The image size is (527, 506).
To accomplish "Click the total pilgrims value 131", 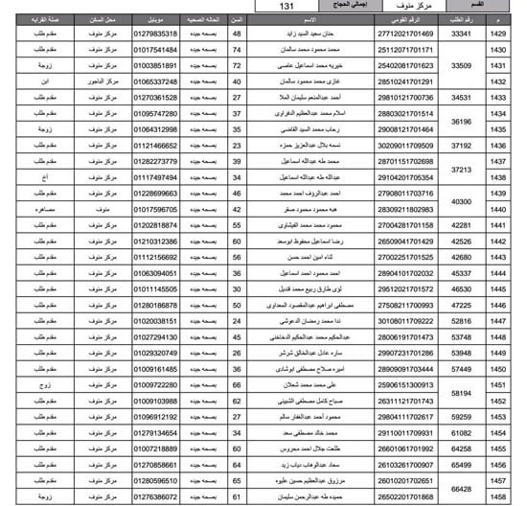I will click(x=288, y=7).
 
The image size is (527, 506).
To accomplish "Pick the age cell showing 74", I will click(x=237, y=49).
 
